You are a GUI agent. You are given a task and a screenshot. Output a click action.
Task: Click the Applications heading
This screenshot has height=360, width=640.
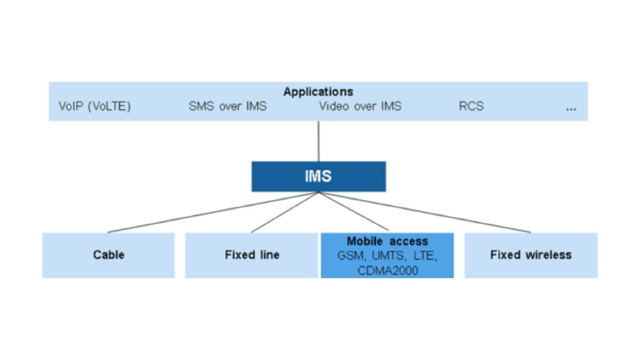[318, 92]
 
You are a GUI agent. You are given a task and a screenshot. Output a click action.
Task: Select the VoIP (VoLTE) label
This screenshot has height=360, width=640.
[95, 106]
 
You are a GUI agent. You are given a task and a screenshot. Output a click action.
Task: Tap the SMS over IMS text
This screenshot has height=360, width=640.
[227, 106]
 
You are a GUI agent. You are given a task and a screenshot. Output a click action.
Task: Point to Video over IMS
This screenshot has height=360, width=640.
[360, 106]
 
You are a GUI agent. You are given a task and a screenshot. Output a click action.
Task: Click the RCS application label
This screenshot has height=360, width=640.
[471, 106]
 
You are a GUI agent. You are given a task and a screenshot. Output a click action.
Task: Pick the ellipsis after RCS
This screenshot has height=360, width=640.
[571, 107]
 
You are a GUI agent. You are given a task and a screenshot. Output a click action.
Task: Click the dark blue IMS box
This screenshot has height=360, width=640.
[318, 176]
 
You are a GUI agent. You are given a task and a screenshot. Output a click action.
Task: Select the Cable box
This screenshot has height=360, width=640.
[108, 255]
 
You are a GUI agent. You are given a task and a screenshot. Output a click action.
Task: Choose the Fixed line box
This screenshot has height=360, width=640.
[252, 255]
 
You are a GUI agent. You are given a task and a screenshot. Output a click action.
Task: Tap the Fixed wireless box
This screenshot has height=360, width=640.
[531, 255]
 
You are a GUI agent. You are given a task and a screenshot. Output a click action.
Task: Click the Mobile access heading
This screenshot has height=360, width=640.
[387, 241]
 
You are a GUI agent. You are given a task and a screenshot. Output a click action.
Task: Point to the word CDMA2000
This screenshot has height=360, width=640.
[387, 270]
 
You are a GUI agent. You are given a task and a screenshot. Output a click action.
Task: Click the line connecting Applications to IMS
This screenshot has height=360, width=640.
[319, 141]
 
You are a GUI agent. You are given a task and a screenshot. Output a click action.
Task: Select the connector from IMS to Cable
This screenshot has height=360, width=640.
[212, 212]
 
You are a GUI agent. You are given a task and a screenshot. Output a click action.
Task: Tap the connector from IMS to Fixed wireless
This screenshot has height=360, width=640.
[425, 212]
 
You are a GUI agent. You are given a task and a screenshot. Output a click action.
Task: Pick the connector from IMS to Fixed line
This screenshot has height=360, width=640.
[285, 212]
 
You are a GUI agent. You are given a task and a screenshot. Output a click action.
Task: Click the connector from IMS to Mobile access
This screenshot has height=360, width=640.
[353, 212]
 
